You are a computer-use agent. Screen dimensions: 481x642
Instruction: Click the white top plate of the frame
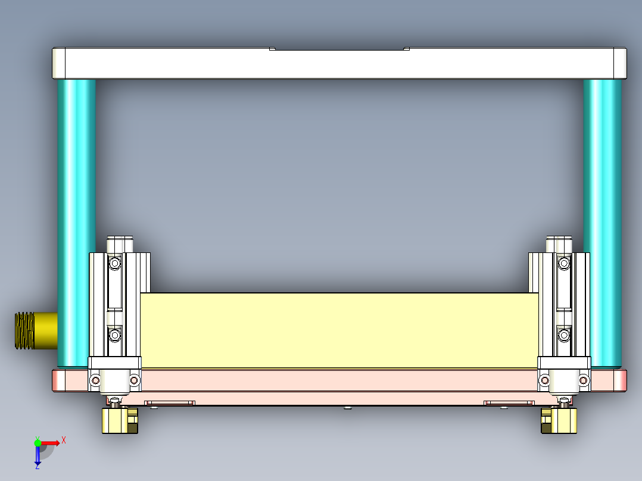pos(339,63)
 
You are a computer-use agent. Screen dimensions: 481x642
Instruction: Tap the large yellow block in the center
pos(339,330)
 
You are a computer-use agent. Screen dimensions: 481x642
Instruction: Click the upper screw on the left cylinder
pos(114,262)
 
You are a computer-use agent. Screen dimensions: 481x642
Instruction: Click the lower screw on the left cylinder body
pos(114,336)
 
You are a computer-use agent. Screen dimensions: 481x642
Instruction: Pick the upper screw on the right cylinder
pos(563,262)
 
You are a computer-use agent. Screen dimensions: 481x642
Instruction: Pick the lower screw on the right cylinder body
pos(563,336)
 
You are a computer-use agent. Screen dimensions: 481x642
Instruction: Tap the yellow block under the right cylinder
pos(559,421)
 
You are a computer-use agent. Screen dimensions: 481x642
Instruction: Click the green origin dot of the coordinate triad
pos(38,442)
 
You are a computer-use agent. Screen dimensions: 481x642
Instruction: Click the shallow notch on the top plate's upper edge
pos(339,49)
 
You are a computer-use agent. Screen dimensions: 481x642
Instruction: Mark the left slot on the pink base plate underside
pos(170,403)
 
